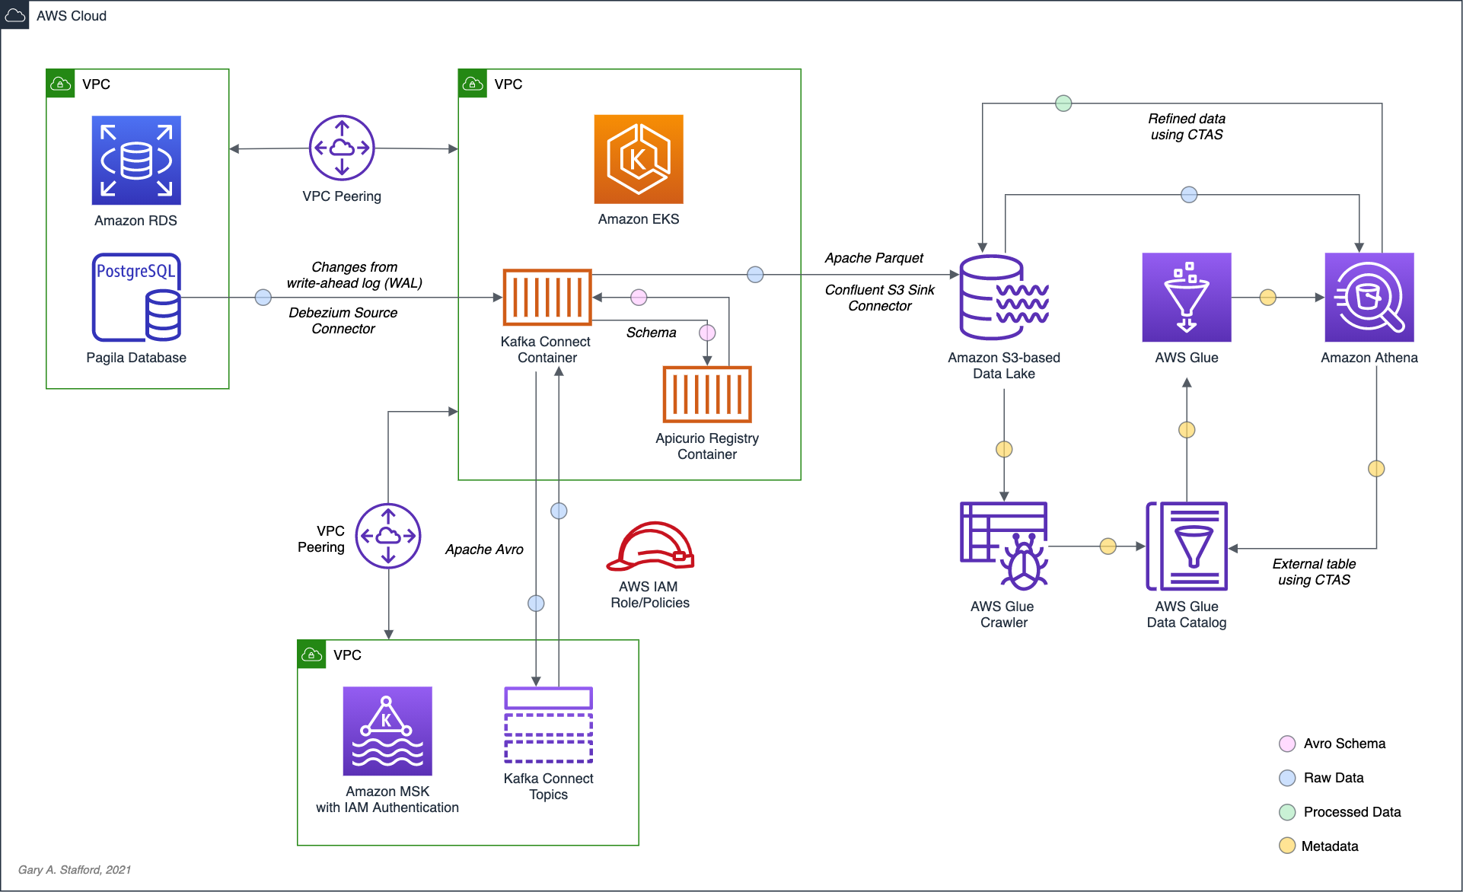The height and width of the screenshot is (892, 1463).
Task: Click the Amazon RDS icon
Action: point(136,160)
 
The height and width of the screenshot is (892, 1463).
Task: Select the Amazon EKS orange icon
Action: point(639,159)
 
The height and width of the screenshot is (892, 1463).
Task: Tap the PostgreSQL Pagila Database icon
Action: point(137,298)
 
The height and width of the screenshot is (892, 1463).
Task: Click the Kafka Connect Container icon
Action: point(547,297)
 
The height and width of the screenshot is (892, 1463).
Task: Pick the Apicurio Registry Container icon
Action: point(707,394)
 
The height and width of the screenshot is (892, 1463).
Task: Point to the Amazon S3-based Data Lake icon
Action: point(1004,297)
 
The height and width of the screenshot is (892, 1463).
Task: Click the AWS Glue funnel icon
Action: point(1187,297)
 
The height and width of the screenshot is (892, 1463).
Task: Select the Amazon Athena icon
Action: point(1369,297)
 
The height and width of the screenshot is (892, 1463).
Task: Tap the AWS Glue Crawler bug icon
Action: point(1004,546)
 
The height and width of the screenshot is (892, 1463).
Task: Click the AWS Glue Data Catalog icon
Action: point(1187,546)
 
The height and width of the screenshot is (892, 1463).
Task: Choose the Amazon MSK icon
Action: point(387,731)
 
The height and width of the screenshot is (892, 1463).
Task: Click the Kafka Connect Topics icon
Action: point(548,725)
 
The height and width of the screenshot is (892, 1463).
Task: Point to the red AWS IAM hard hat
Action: point(650,546)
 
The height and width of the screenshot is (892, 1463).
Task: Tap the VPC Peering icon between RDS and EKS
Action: point(342,148)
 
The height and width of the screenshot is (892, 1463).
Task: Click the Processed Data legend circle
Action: point(1287,812)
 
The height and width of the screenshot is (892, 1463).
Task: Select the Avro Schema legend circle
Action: point(1287,744)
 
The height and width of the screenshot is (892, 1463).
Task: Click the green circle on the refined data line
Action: point(1063,103)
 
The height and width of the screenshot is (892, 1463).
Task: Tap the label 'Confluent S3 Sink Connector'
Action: point(880,298)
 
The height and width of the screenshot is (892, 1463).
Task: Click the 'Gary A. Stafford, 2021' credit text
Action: point(75,869)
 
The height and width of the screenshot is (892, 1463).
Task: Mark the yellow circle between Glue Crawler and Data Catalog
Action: point(1108,546)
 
